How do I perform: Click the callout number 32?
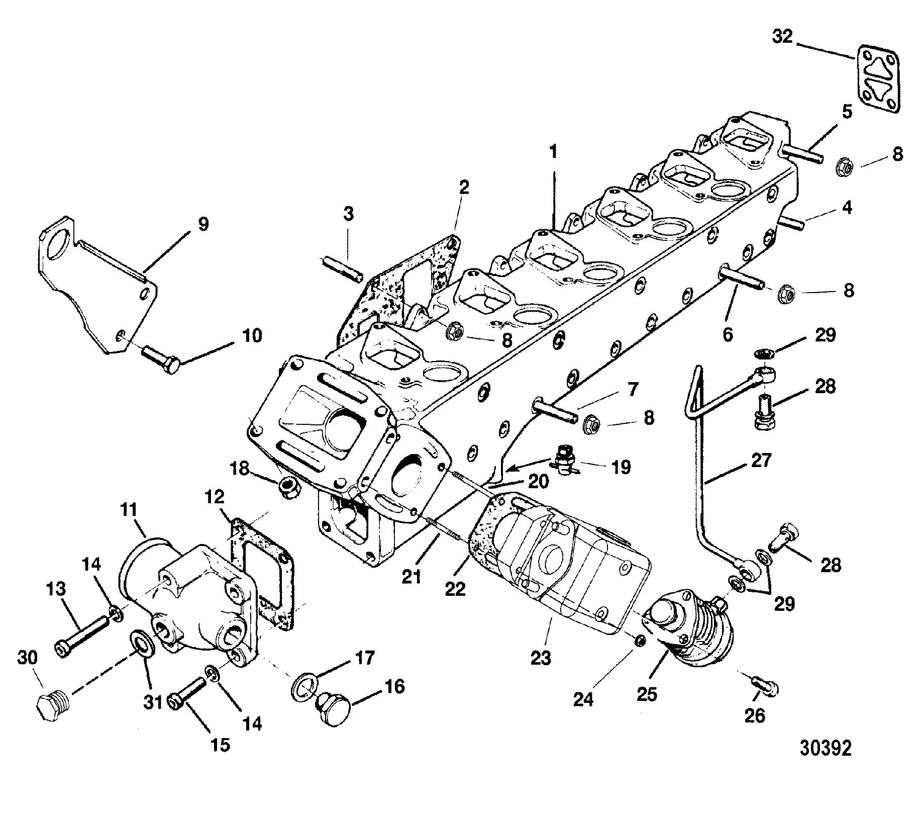(782, 37)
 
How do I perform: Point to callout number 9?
(202, 224)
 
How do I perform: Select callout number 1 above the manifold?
(553, 152)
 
